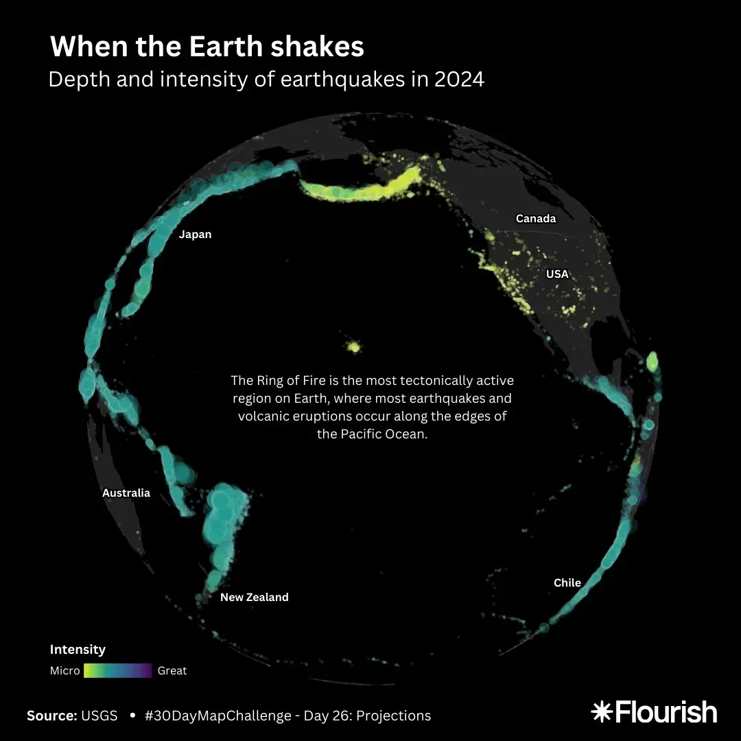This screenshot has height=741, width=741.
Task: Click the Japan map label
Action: [x=195, y=235]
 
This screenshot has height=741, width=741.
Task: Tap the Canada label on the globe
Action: [x=535, y=219]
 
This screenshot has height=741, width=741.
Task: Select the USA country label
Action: [x=557, y=274]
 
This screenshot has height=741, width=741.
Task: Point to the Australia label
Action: [x=126, y=493]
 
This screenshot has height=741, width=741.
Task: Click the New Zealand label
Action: [x=254, y=597]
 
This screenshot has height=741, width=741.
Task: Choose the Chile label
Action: [x=567, y=583]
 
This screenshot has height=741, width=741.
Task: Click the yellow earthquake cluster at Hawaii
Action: [x=354, y=346]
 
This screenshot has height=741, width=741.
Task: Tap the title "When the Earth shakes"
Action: [x=207, y=47]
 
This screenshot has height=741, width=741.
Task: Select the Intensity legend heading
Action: [x=78, y=649]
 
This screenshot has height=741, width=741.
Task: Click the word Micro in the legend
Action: [x=64, y=670]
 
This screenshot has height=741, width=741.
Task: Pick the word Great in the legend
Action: [x=172, y=670]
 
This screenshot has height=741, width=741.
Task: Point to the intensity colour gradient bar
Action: [x=117, y=670]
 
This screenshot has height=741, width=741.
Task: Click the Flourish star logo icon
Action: [x=601, y=711]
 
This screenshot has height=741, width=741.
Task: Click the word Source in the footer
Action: [x=51, y=716]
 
